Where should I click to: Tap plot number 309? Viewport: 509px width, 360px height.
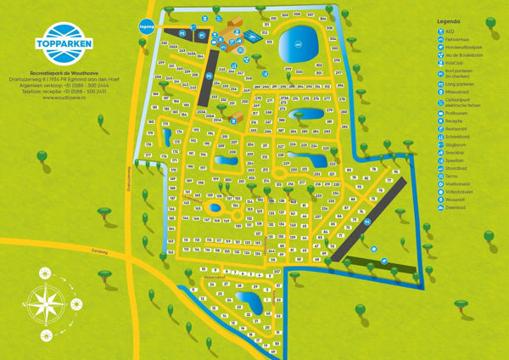click(x=285, y=15)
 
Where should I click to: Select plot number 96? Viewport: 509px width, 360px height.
click(x=395, y=172)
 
